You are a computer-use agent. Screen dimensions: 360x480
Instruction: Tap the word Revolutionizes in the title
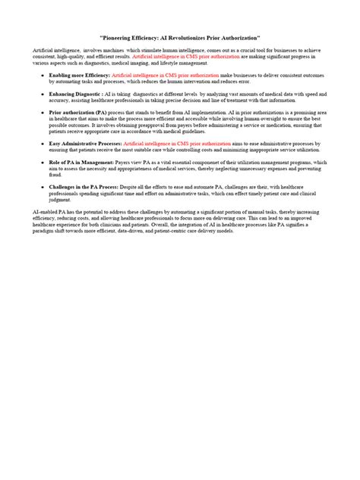[195, 37]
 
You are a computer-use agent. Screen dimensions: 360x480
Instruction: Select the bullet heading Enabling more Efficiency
[79, 76]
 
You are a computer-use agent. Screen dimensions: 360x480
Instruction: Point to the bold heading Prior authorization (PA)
[80, 110]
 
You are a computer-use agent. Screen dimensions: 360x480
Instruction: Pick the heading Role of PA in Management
[81, 162]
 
